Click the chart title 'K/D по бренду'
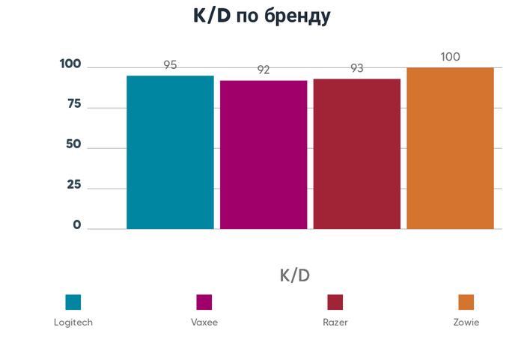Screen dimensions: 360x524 [262, 17]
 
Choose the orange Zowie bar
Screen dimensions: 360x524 [450, 148]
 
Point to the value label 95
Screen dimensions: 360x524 [170, 65]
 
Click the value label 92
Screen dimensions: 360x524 [263, 70]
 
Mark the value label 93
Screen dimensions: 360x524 [356, 68]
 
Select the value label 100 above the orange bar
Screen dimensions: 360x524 [450, 57]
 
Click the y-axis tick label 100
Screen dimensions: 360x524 [70, 64]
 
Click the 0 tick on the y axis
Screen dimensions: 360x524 [77, 225]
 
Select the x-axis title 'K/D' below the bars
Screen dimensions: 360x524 [294, 275]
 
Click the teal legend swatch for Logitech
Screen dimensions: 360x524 [73, 302]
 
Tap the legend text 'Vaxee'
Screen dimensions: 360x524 [204, 323]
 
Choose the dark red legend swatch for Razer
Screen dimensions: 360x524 [335, 302]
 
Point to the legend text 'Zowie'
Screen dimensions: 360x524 [466, 323]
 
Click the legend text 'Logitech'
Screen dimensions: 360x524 [73, 323]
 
